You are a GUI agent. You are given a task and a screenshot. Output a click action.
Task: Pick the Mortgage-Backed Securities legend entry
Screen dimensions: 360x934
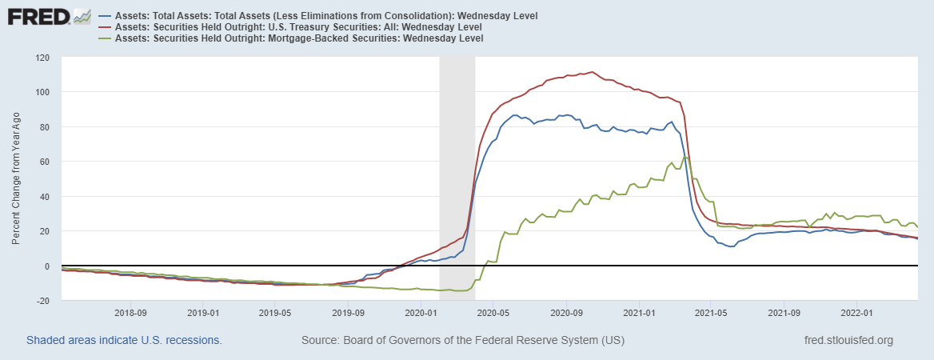pos(299,38)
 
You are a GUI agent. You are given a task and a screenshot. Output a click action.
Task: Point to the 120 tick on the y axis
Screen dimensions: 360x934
pos(42,58)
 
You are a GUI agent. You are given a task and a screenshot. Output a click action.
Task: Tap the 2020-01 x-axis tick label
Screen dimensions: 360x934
pos(420,312)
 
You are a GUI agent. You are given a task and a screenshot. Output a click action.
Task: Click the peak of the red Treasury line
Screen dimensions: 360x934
pos(591,71)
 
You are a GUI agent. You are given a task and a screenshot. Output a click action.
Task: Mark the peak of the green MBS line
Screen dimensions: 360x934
pos(685,157)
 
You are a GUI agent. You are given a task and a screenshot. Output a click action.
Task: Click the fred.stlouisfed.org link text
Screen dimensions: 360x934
pos(849,340)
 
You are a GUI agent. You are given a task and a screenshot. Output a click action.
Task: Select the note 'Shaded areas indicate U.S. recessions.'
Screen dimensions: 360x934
pos(124,340)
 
